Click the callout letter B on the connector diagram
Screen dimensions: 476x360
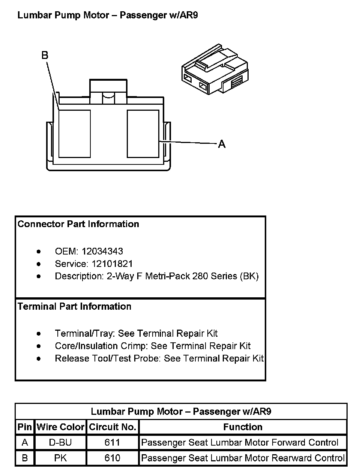pos(45,56)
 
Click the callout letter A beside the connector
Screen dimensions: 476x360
pos(222,144)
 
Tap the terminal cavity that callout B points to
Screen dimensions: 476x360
pos(75,133)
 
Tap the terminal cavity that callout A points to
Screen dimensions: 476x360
pos(143,133)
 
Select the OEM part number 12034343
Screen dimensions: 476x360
pos(102,251)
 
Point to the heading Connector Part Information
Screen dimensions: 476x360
pos(78,224)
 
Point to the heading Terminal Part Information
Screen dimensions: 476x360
pos(75,306)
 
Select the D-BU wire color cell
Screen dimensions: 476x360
pos(60,443)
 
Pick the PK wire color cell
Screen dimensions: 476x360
pos(60,458)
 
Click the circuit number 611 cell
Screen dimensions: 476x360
pos(112,443)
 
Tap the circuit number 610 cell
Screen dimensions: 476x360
pos(112,458)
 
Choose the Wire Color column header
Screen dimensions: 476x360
pos(60,427)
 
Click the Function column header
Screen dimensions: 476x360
pos(243,427)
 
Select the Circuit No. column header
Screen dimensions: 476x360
pos(112,427)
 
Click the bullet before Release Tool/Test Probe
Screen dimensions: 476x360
pos(39,359)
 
